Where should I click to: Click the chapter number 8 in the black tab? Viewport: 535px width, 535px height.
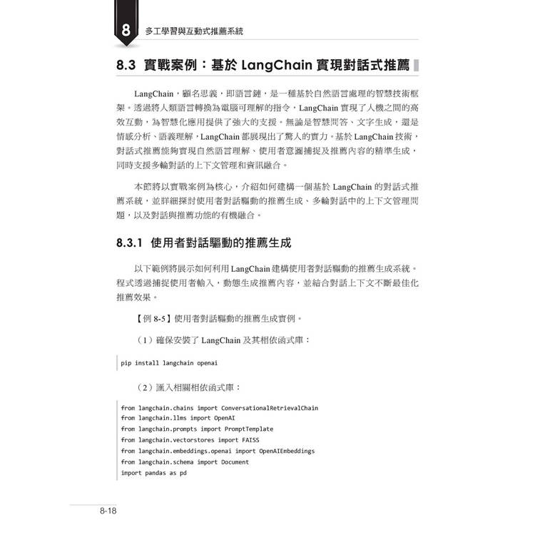pos(126,31)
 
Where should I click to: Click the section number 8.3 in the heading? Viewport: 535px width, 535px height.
pos(131,66)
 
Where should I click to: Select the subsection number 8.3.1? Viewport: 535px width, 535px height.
pos(131,243)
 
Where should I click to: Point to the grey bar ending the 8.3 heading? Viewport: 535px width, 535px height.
pos(417,66)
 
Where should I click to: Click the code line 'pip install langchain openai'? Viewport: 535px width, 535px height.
pos(168,363)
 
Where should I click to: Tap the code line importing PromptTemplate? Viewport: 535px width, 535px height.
pos(197,429)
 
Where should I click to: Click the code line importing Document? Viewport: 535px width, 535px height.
pos(185,462)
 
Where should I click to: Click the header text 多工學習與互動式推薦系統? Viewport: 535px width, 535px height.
pos(194,31)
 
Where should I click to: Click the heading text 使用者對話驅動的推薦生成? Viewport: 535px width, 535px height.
pos(222,243)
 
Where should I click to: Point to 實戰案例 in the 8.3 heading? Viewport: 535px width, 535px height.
pos(171,66)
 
